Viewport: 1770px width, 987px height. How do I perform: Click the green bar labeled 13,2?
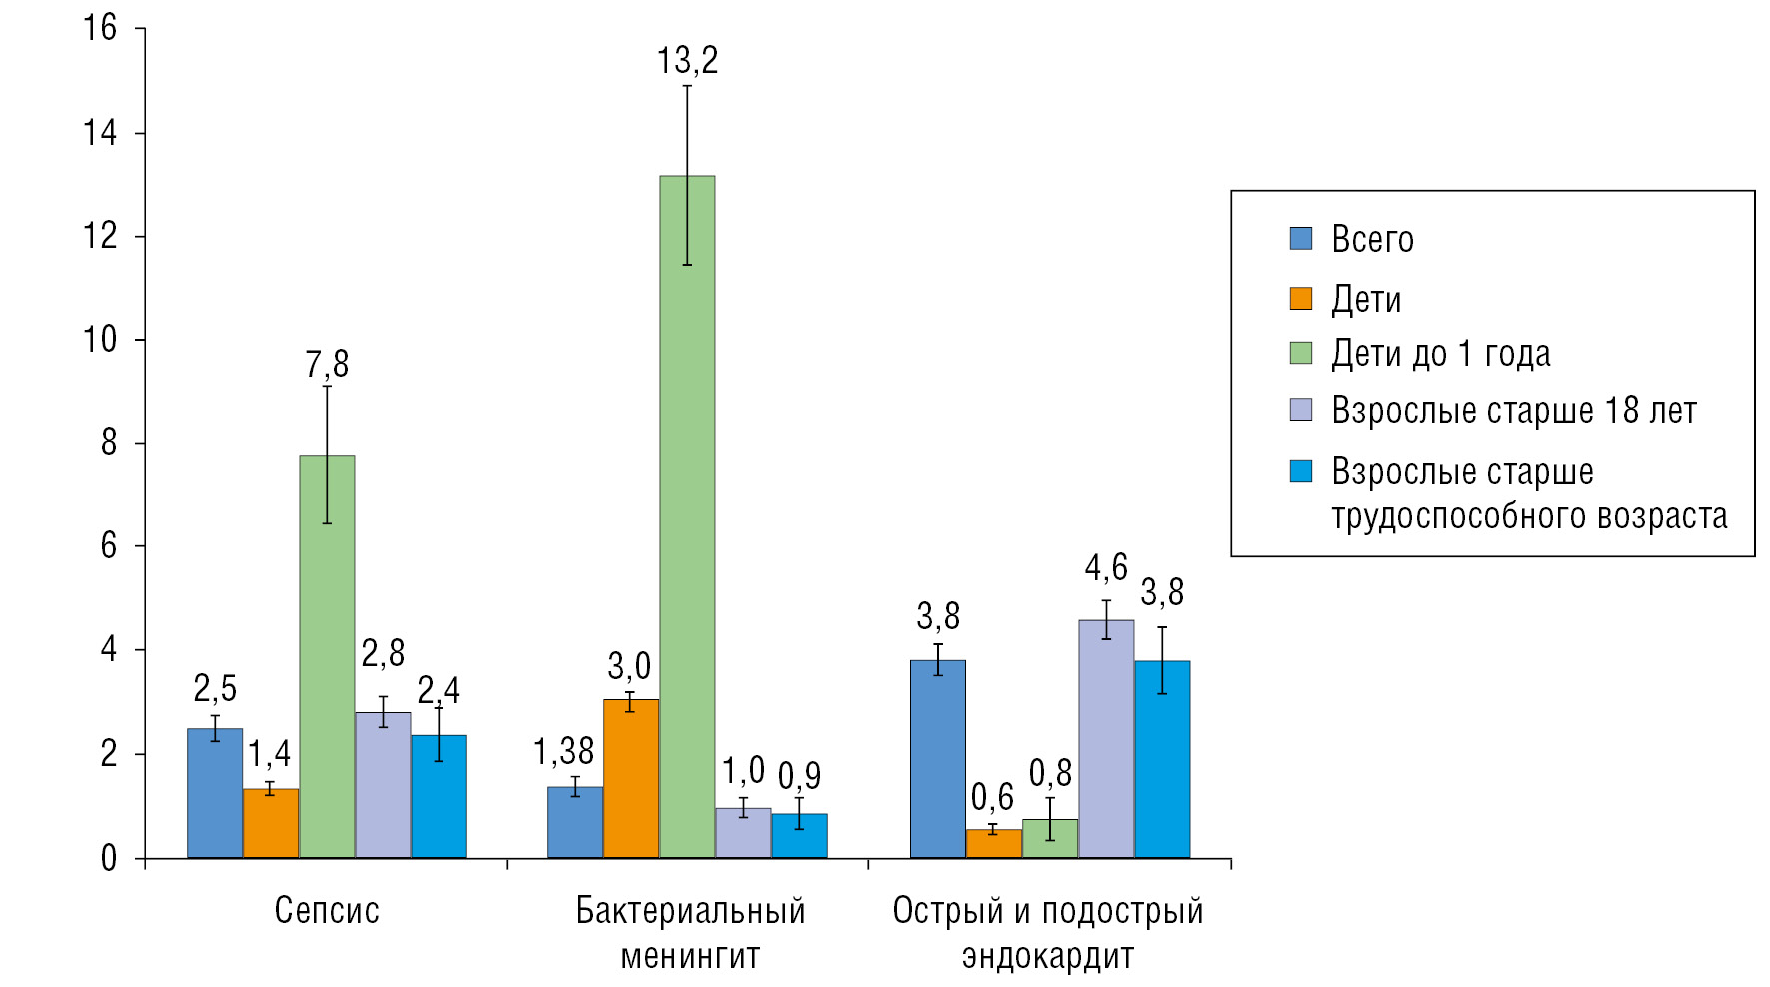[687, 516]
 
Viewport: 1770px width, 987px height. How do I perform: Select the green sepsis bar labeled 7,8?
[327, 656]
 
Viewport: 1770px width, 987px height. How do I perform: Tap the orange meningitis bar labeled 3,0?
[631, 778]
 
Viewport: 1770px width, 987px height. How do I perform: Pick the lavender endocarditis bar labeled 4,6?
[1106, 738]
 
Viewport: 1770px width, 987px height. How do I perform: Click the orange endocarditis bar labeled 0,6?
[993, 843]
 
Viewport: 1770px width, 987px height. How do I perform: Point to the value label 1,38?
[563, 752]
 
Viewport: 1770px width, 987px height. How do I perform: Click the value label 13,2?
[687, 61]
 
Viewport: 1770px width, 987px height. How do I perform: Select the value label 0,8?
[1050, 773]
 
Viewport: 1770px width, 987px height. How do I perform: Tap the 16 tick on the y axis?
[100, 28]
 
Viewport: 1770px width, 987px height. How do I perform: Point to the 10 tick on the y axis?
[100, 340]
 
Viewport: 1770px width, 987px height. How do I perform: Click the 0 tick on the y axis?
[109, 858]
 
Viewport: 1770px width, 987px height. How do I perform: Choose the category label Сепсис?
[327, 911]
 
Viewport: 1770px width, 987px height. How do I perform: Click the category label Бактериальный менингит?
[690, 933]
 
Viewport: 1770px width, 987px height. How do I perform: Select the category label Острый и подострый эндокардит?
[1048, 933]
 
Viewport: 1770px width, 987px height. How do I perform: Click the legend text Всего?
[1372, 240]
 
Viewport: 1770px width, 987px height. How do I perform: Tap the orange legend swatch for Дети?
[1300, 298]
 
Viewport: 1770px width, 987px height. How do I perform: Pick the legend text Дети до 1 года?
[1440, 354]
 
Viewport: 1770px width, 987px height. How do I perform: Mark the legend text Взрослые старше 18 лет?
[1513, 411]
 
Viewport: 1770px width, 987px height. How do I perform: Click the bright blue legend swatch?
[1300, 471]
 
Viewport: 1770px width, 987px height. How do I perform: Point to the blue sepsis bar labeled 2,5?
[215, 793]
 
